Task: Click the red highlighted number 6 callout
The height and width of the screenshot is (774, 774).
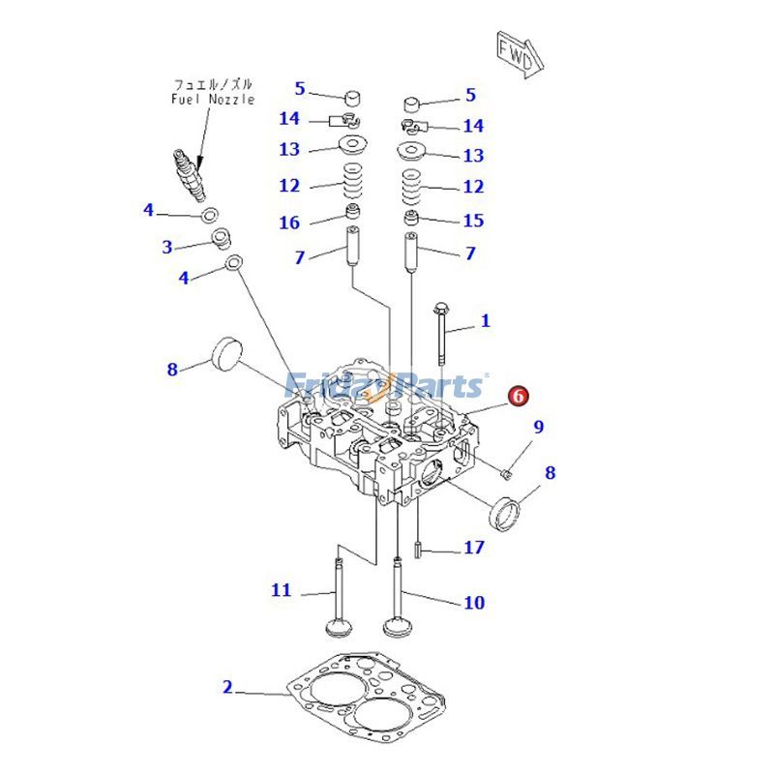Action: pyautogui.click(x=518, y=395)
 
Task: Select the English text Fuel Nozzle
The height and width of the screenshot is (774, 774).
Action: pyautogui.click(x=213, y=99)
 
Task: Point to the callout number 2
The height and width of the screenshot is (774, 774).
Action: pyautogui.click(x=227, y=688)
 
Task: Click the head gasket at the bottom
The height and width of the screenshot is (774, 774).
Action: pyautogui.click(x=369, y=705)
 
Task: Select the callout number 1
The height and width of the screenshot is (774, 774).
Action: pyautogui.click(x=486, y=321)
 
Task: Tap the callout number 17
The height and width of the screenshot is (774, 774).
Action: pyautogui.click(x=473, y=548)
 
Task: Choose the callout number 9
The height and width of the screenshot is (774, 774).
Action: pyautogui.click(x=539, y=427)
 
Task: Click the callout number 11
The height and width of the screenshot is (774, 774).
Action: pyautogui.click(x=281, y=590)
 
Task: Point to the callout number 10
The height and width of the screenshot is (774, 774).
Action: pyautogui.click(x=473, y=603)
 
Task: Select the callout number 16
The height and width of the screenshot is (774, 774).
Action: pyautogui.click(x=290, y=223)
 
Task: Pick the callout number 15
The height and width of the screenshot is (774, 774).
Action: pyautogui.click(x=473, y=221)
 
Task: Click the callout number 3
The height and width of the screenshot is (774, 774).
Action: pyautogui.click(x=166, y=247)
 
